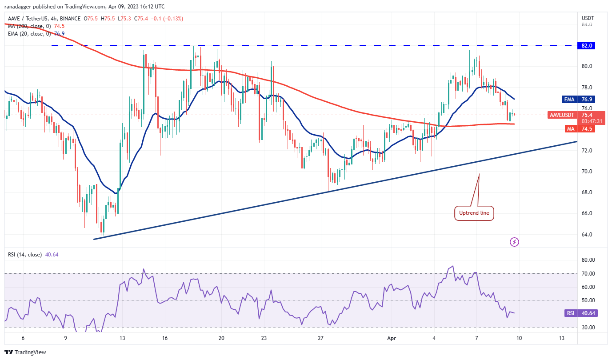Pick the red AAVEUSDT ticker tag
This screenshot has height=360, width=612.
point(562,115)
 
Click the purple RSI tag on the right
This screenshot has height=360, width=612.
point(571,313)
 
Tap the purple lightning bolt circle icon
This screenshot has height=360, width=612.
point(514,242)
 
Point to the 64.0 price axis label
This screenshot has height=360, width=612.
point(587,234)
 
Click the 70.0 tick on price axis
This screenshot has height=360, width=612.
point(587,171)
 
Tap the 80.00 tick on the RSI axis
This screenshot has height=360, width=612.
point(588,260)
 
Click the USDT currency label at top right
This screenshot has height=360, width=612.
point(587,18)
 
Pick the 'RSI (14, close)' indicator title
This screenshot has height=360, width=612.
point(25,255)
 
